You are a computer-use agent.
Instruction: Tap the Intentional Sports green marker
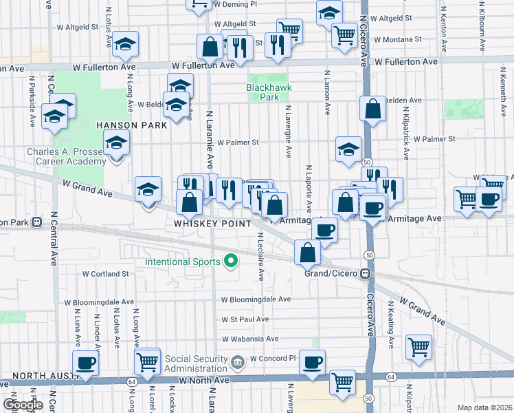point(231,261)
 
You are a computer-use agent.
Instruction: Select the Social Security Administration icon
point(238,361)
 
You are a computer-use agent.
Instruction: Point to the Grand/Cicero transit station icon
point(368,273)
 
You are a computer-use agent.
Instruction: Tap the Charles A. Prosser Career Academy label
point(67,156)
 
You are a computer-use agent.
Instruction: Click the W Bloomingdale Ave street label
point(256,299)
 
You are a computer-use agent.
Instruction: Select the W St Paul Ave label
point(245,319)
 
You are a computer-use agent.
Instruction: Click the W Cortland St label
point(106,273)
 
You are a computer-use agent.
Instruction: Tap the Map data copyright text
point(484,407)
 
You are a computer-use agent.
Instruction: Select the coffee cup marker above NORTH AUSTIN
point(86,362)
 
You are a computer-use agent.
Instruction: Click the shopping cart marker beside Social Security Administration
point(148,360)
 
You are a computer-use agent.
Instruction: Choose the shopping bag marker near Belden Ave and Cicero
point(372,109)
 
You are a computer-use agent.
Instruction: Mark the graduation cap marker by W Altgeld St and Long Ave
point(125,43)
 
